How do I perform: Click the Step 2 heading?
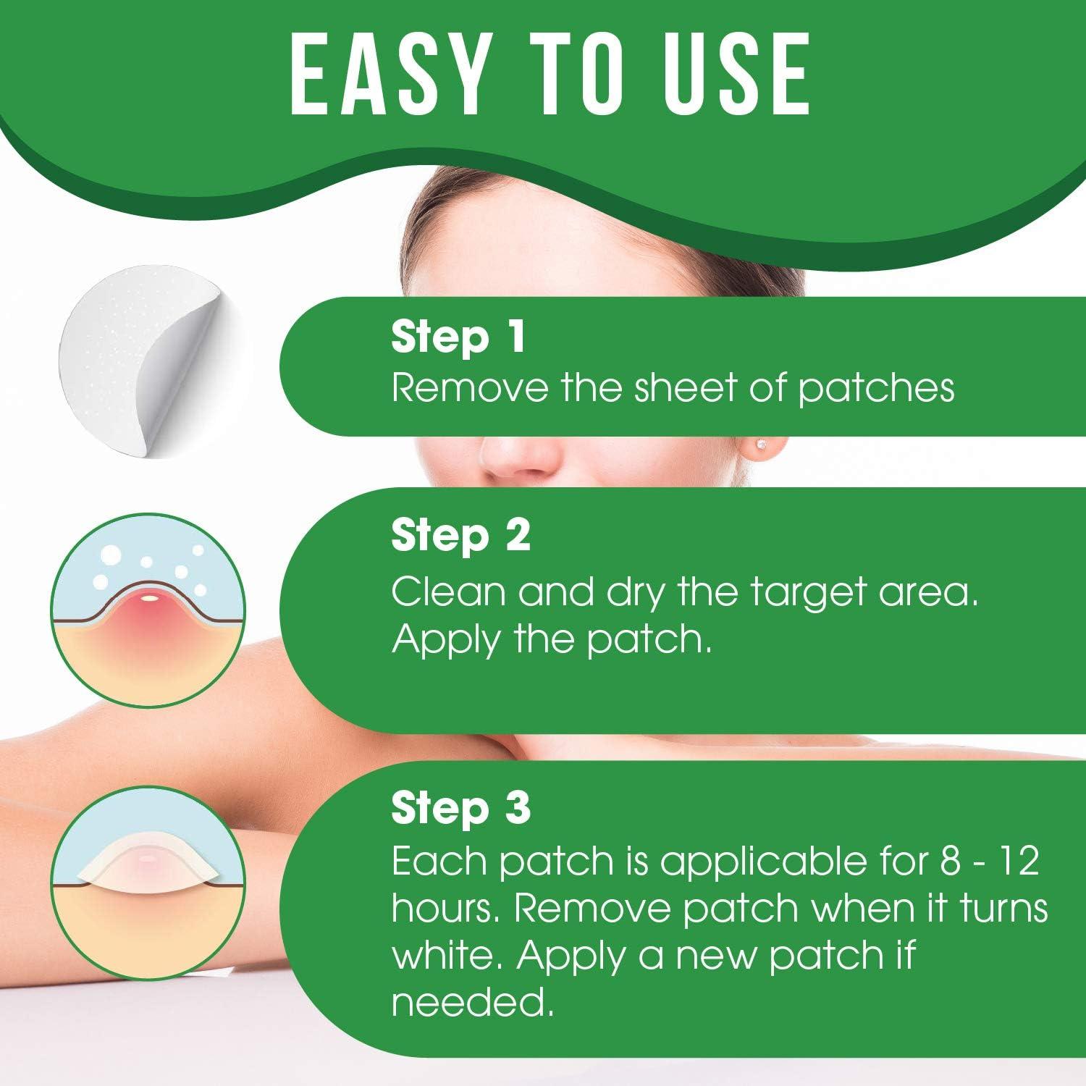(461, 536)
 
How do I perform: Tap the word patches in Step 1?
(876, 390)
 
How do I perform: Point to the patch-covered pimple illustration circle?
(148, 882)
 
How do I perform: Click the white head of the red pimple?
(150, 597)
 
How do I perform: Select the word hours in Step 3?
(442, 909)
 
